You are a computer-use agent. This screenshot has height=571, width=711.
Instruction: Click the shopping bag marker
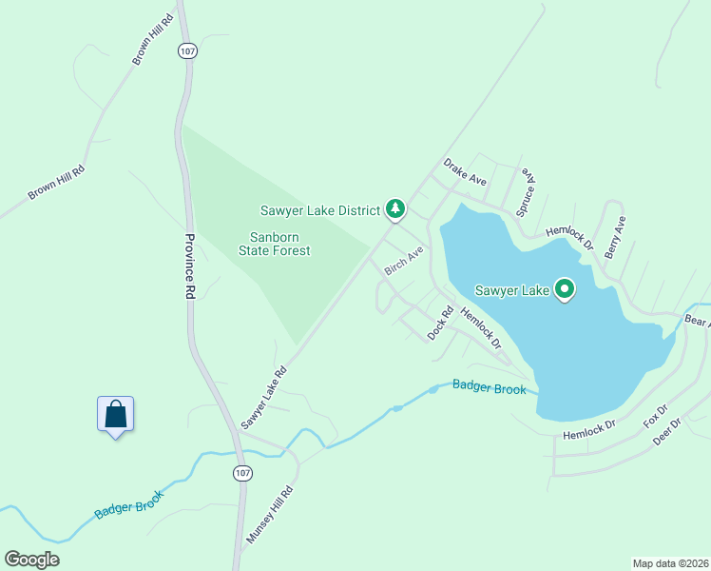click(115, 415)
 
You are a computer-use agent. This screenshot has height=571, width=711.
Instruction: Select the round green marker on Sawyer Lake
click(565, 288)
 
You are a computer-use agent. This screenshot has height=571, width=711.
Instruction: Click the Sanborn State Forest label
click(280, 244)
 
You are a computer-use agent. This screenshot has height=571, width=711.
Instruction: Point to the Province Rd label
click(189, 267)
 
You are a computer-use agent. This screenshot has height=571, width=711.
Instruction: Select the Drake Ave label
click(465, 173)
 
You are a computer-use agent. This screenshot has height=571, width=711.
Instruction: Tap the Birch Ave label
click(403, 261)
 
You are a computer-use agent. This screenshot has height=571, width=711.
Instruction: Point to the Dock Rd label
click(439, 323)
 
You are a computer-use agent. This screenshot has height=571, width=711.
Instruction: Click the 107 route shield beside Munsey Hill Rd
click(241, 473)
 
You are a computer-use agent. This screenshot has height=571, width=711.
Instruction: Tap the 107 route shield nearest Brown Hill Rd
click(187, 52)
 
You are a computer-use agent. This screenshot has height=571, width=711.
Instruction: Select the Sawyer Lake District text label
click(320, 209)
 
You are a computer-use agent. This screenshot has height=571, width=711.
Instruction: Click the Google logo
click(31, 560)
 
